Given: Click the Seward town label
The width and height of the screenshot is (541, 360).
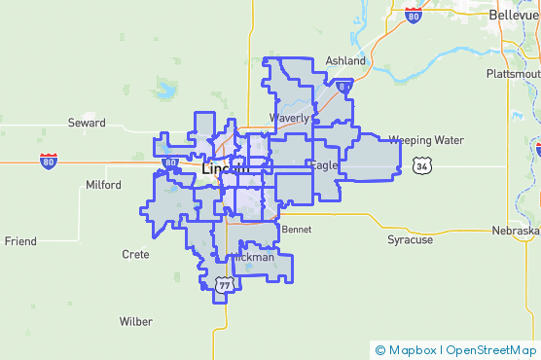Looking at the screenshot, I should click(x=87, y=123).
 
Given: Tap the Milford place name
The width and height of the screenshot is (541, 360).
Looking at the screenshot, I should click(x=104, y=184).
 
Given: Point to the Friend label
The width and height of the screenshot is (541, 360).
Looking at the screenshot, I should click(x=20, y=240).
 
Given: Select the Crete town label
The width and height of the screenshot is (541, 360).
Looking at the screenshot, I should click(x=135, y=254).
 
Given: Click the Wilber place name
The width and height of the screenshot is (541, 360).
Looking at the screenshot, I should click(x=135, y=321).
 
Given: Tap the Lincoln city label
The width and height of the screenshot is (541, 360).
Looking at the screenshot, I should click(x=225, y=168).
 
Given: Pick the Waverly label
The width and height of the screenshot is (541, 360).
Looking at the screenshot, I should click(x=289, y=118).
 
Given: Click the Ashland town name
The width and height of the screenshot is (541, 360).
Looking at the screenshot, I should click(x=345, y=60).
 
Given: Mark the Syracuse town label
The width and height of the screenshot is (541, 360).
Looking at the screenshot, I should click(x=410, y=238).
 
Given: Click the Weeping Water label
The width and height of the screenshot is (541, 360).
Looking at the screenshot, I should click(x=426, y=140).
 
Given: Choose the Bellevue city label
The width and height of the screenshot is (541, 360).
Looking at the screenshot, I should click(x=513, y=16).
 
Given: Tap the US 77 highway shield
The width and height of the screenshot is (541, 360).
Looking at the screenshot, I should click(x=225, y=284).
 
